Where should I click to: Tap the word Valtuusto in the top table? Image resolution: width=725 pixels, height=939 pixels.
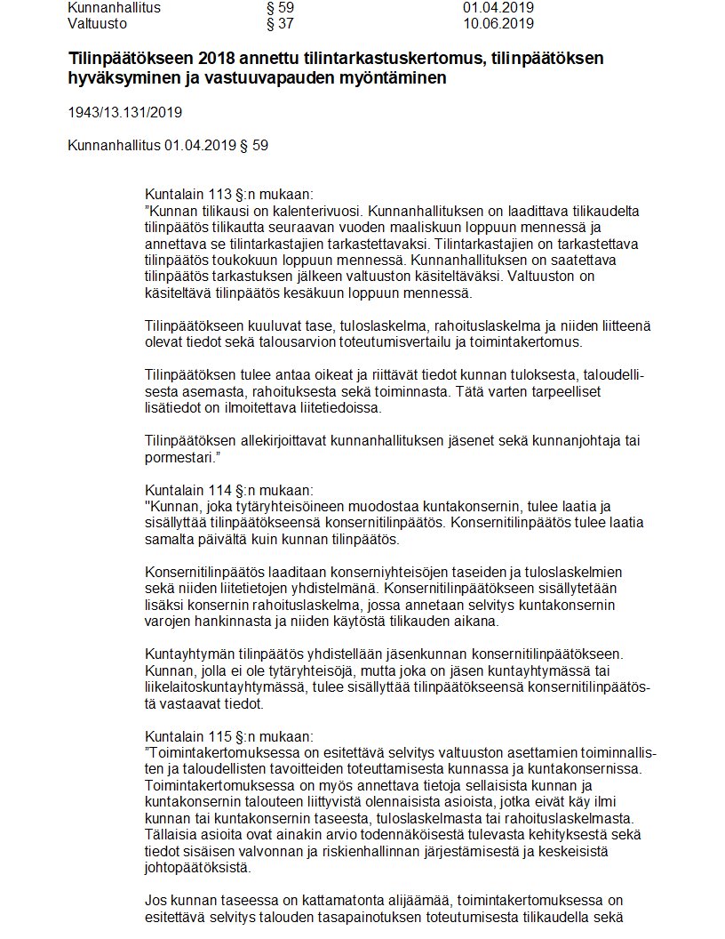click(x=98, y=23)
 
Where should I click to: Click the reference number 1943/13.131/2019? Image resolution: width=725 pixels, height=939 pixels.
click(x=125, y=112)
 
